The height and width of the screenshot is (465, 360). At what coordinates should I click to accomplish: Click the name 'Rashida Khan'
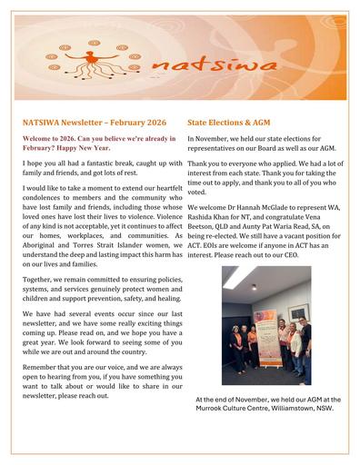(211, 216)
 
